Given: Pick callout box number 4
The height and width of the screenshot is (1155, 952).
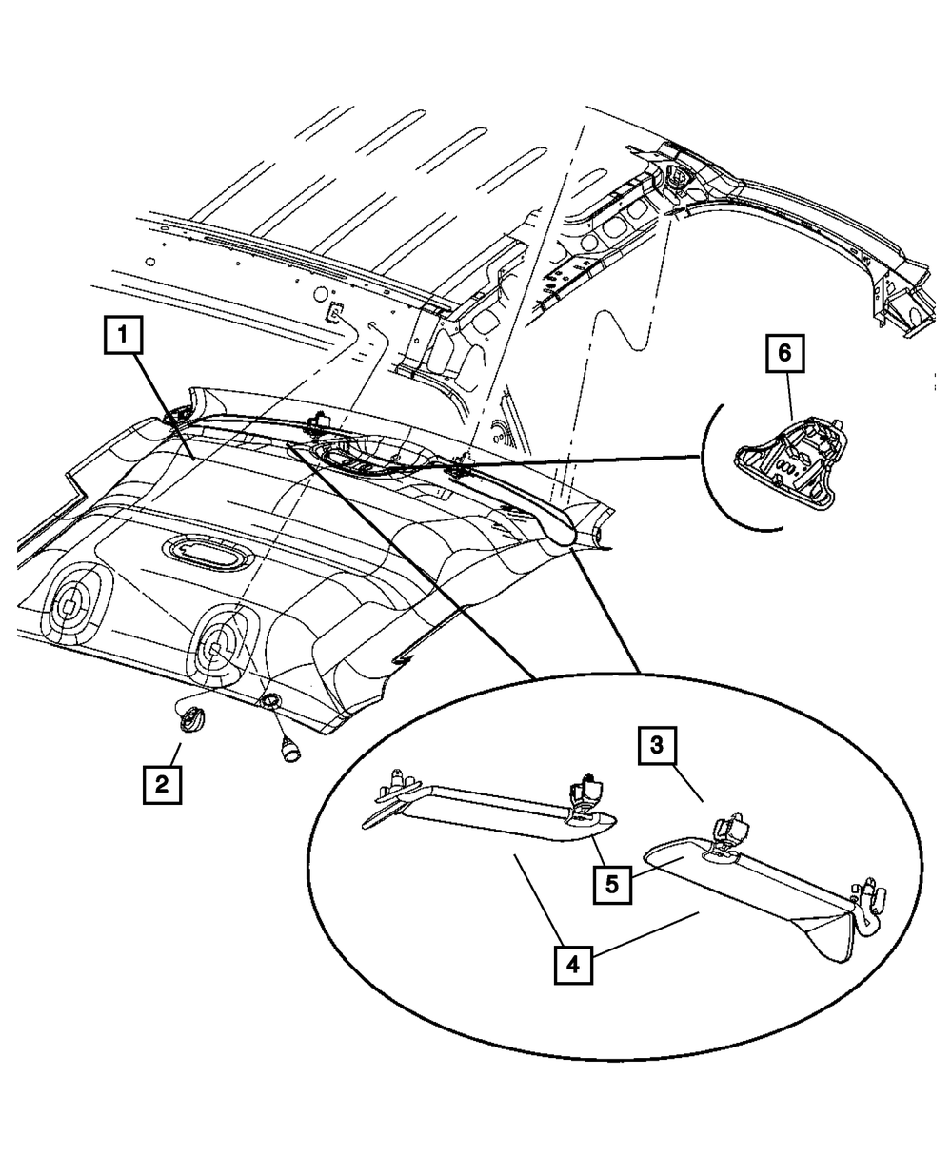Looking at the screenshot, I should (x=572, y=963).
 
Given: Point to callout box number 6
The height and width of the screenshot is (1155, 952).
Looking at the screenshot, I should (x=784, y=353).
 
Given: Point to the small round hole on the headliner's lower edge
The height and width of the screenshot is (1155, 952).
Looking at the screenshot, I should (x=270, y=702).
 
